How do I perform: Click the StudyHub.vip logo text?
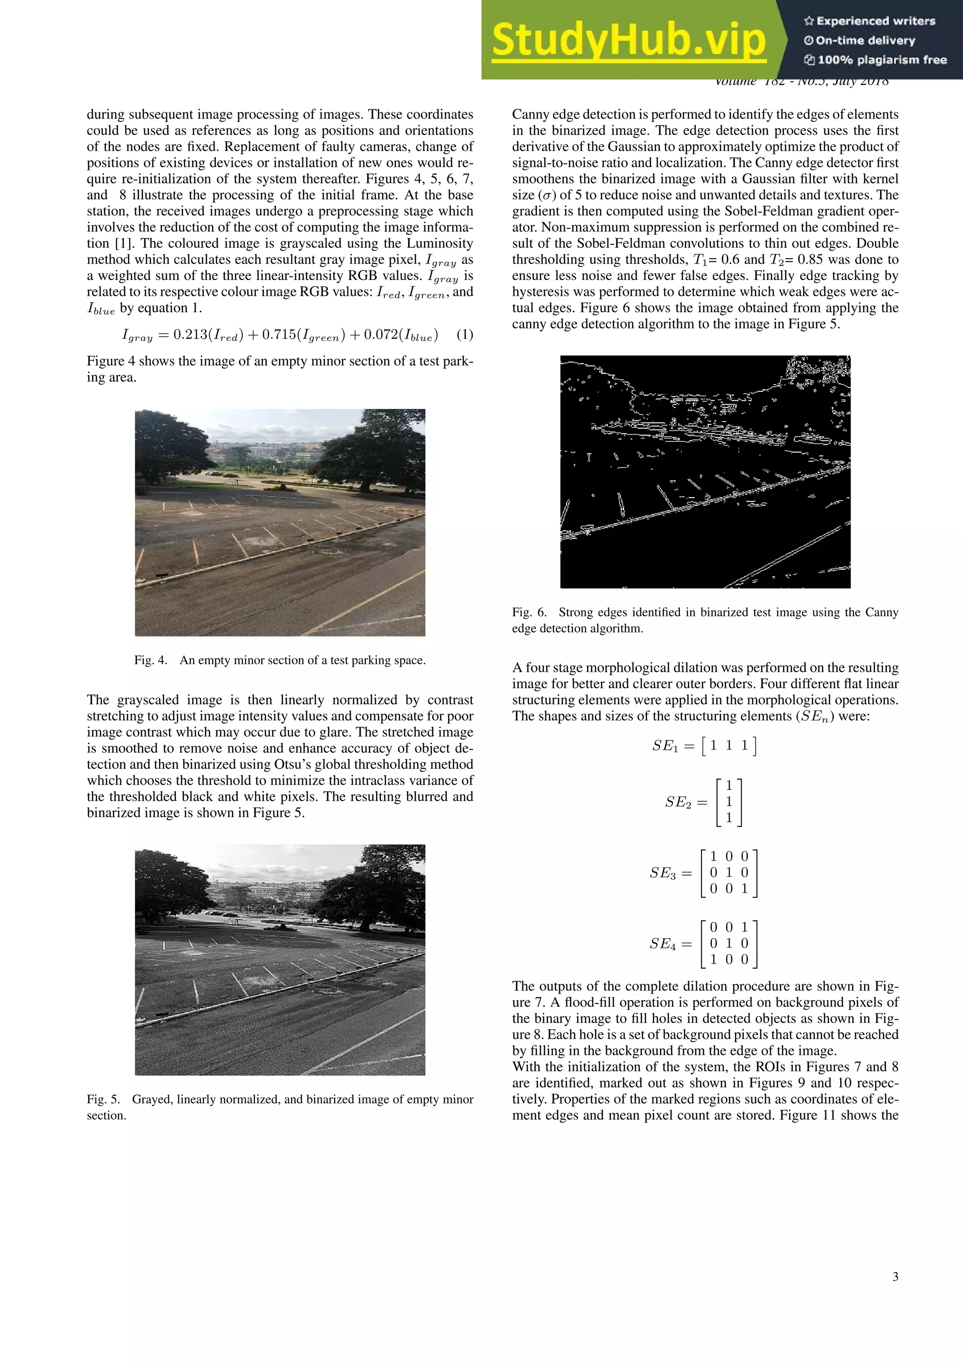tap(629, 39)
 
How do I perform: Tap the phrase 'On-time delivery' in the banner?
tap(865, 40)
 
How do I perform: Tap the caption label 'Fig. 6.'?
tap(529, 612)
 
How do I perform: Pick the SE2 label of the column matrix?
tap(678, 803)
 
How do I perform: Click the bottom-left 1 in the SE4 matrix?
tap(713, 960)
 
